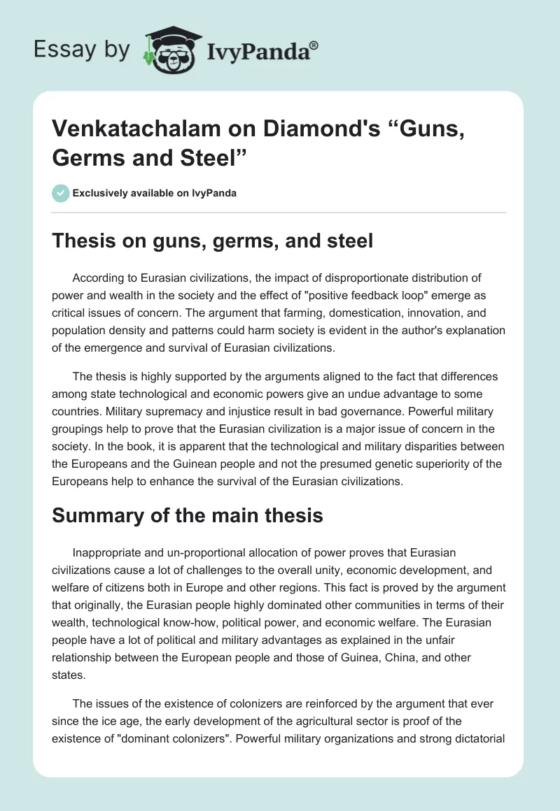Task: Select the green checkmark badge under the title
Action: (x=61, y=193)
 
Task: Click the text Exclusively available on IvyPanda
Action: (x=154, y=193)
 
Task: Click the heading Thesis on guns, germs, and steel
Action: (x=213, y=241)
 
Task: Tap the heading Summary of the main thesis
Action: (x=188, y=516)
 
